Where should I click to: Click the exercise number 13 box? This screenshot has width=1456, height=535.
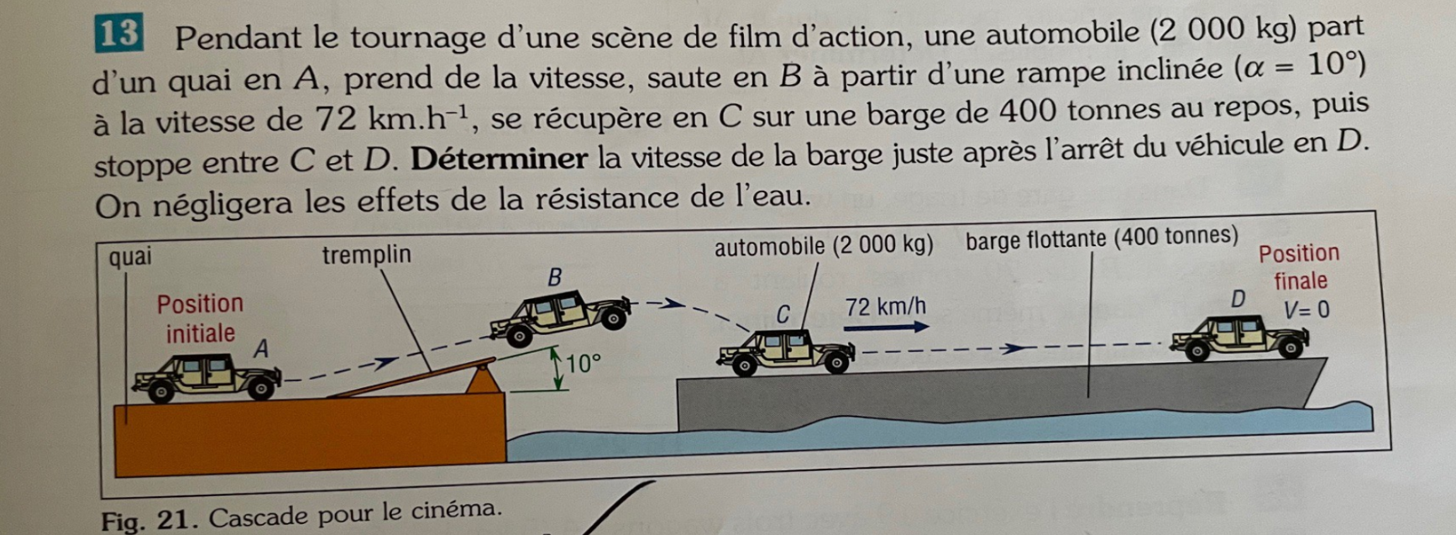pyautogui.click(x=119, y=34)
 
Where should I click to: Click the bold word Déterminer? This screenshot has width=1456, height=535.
pyautogui.click(x=499, y=158)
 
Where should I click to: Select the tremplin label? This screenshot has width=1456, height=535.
pyautogui.click(x=367, y=254)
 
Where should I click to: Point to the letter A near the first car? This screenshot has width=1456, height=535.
pyautogui.click(x=262, y=348)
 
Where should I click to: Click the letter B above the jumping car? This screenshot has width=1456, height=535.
pyautogui.click(x=554, y=277)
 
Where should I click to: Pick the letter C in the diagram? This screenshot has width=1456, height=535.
pyautogui.click(x=783, y=315)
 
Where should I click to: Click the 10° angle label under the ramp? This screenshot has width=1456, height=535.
pyautogui.click(x=584, y=364)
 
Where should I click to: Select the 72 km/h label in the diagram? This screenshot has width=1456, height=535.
pyautogui.click(x=886, y=307)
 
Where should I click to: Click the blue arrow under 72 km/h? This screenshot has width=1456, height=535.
pyautogui.click(x=886, y=326)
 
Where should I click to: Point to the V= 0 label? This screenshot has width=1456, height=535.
pyautogui.click(x=1307, y=310)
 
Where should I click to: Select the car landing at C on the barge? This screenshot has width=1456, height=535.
pyautogui.click(x=785, y=352)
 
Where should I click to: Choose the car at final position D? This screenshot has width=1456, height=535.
pyautogui.click(x=1240, y=338)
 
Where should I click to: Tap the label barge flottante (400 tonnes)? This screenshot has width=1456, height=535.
pyautogui.click(x=1102, y=239)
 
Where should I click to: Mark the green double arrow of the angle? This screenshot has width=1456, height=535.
pyautogui.click(x=557, y=370)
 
